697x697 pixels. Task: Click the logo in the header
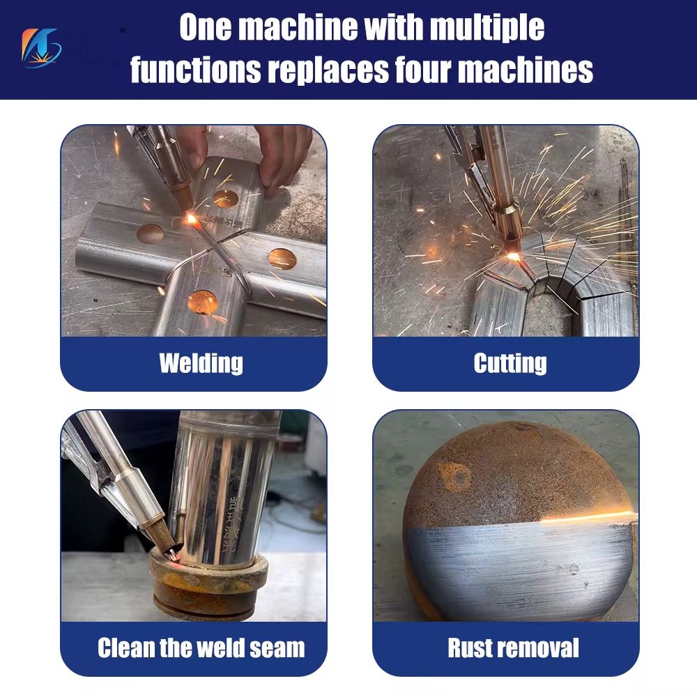pos(42,48)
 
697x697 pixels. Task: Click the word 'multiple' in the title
pos(487,28)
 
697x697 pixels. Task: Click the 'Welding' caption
pos(201,363)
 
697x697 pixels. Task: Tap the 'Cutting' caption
pos(510,363)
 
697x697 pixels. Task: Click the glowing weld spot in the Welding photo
pos(190,219)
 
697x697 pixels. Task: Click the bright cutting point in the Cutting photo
pos(514,256)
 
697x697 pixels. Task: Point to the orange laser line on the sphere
pos(585,517)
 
